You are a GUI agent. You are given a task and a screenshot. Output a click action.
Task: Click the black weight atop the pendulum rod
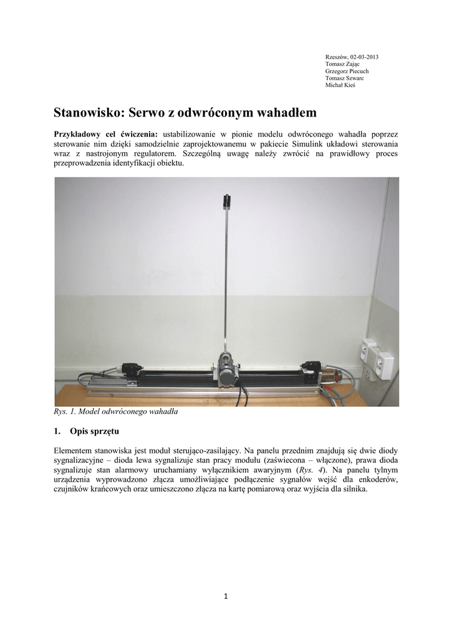point(226,200)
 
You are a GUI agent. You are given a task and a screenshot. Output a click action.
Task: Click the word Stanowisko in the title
point(90,113)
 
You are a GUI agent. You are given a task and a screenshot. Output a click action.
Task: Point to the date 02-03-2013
point(364,57)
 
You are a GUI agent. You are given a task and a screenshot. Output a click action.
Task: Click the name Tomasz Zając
point(342,64)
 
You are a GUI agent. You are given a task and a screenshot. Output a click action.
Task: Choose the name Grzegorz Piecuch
point(347,71)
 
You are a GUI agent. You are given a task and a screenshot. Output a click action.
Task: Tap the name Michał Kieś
point(340,85)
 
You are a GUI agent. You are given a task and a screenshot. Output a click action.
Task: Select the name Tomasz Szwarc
point(344,79)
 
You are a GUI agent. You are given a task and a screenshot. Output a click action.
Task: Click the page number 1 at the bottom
point(226,596)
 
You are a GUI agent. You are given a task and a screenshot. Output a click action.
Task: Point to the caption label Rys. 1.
point(64,412)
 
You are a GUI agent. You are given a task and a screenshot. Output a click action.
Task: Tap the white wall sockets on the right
point(377,359)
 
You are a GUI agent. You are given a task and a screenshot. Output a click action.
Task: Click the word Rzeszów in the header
point(337,57)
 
